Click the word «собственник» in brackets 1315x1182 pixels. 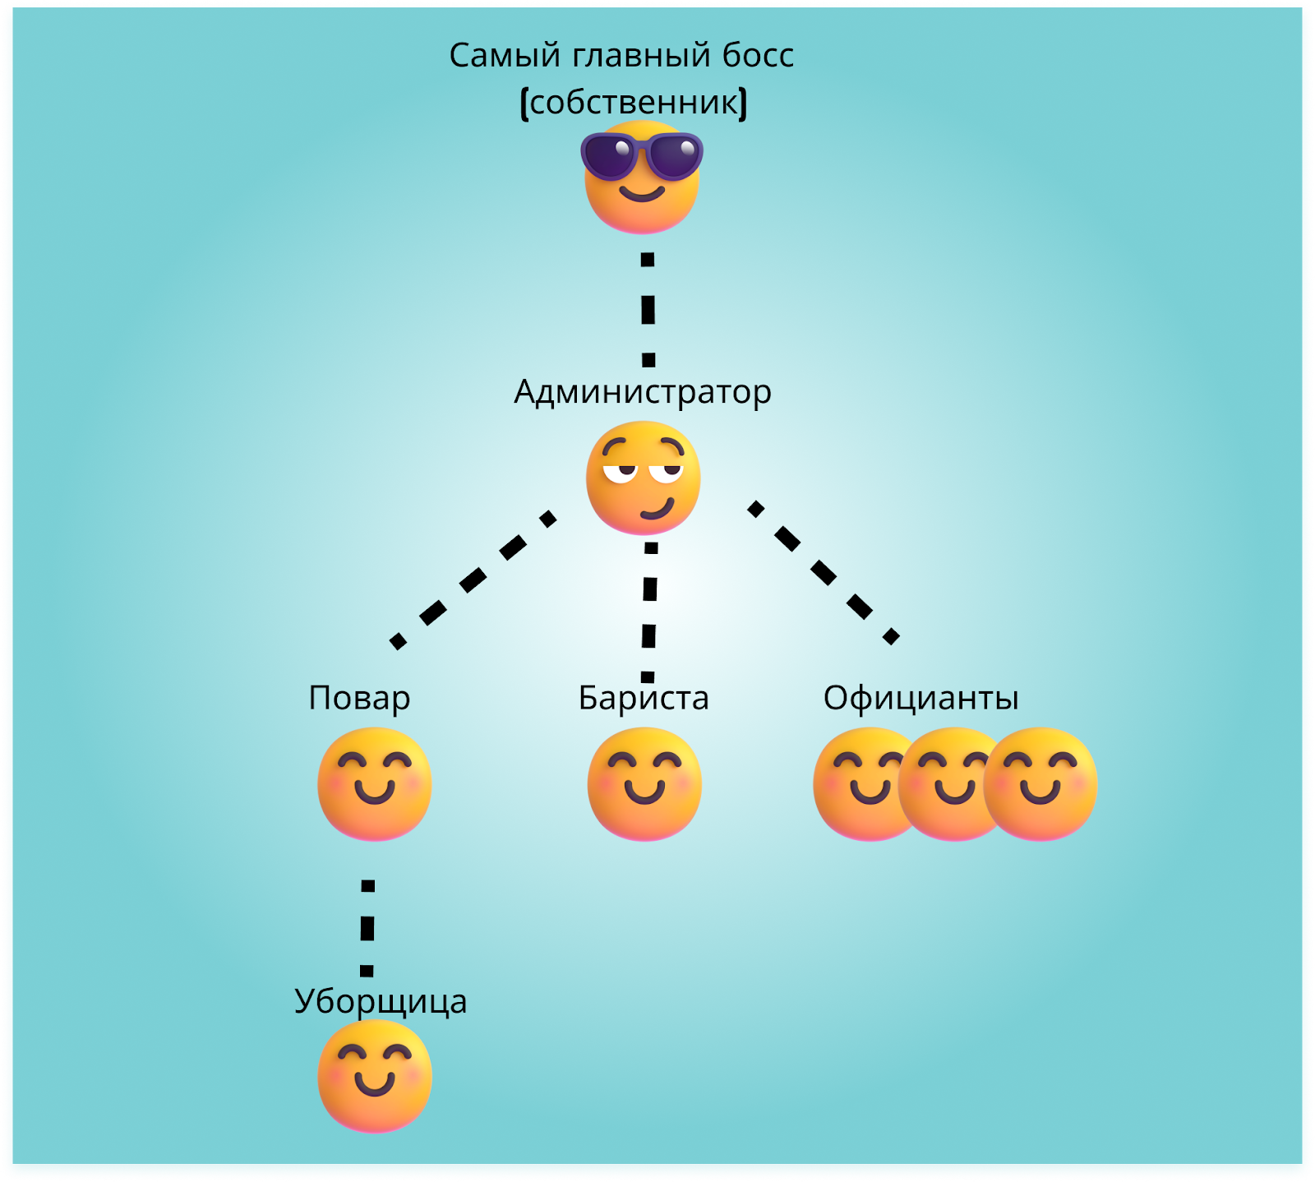[634, 103]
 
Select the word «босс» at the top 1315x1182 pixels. [758, 56]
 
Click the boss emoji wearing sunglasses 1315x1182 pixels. [642, 177]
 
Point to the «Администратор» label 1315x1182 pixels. [643, 392]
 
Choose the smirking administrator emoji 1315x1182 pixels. [643, 478]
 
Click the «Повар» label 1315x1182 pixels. [359, 698]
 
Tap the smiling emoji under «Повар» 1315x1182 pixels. [375, 784]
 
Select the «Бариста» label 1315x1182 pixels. [644, 698]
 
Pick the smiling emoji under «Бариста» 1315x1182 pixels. [644, 784]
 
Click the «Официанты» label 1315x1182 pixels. [921, 698]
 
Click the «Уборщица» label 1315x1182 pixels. [381, 1001]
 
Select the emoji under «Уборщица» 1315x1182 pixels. [375, 1076]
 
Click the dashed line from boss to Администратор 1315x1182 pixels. [648, 310]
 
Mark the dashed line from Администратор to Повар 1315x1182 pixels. [473, 580]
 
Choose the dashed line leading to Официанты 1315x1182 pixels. [824, 572]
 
